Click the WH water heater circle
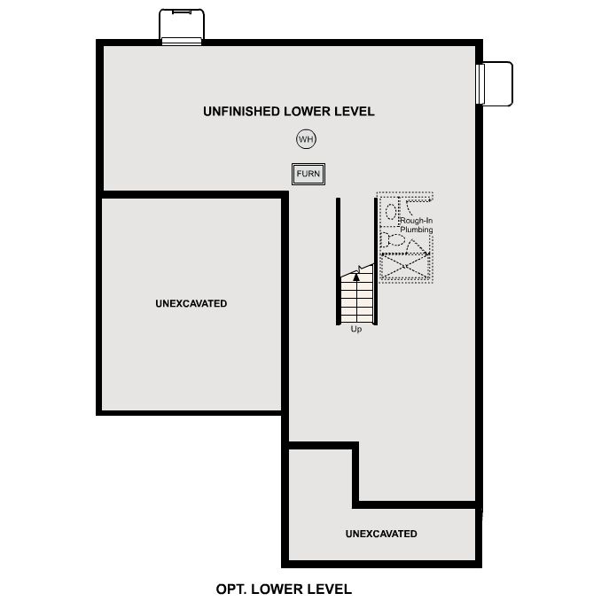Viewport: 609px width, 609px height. click(x=306, y=139)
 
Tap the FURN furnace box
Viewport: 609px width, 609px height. click(x=308, y=174)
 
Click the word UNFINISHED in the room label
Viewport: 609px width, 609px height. click(x=241, y=112)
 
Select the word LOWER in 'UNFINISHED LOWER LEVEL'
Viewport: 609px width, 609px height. click(x=309, y=112)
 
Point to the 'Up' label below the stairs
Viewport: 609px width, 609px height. click(x=356, y=330)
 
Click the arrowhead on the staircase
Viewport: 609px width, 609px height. click(x=357, y=276)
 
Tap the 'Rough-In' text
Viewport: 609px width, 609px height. click(x=416, y=222)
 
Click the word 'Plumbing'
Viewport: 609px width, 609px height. click(x=417, y=230)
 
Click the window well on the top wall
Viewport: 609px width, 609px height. click(x=182, y=26)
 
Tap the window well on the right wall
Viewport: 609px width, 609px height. click(x=496, y=83)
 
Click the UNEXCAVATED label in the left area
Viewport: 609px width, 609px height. click(x=191, y=303)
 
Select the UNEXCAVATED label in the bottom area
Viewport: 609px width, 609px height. click(x=381, y=534)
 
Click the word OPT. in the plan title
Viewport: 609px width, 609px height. click(x=231, y=589)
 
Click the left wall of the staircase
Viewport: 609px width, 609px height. click(x=338, y=262)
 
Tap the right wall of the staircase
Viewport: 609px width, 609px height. click(x=376, y=262)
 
